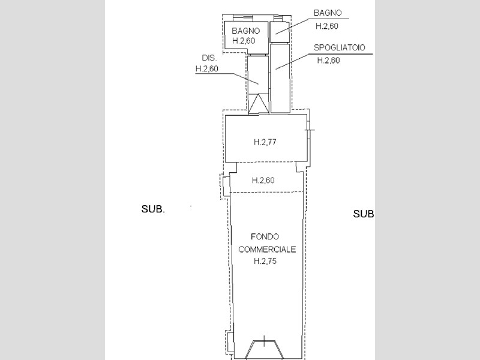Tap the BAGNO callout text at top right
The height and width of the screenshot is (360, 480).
(328, 13)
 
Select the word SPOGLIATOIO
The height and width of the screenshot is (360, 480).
(340, 48)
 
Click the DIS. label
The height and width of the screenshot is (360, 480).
(209, 58)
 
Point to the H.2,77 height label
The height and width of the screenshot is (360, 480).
(265, 142)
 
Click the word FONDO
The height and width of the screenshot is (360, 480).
(265, 236)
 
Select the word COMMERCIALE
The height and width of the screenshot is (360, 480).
(267, 250)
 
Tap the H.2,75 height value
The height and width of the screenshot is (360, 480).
(265, 261)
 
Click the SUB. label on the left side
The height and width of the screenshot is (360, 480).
(153, 209)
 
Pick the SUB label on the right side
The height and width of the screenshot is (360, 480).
(364, 214)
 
